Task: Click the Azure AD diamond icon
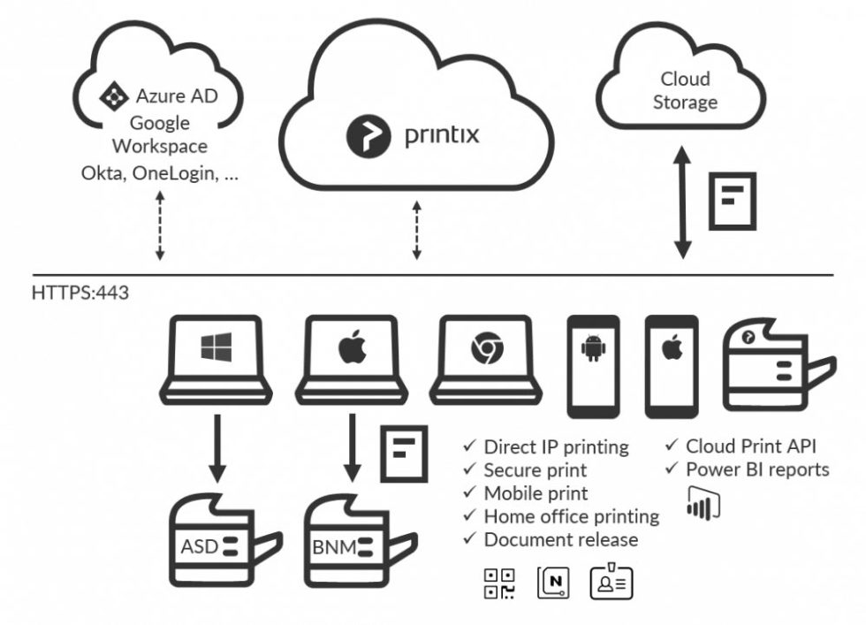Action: coord(114,95)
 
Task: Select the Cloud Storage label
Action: coord(684,90)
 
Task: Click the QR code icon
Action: coord(499,583)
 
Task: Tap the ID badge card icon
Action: coord(611,583)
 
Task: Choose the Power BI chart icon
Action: coord(703,500)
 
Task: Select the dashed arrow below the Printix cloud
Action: coord(417,231)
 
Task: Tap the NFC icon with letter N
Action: coord(554,583)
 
